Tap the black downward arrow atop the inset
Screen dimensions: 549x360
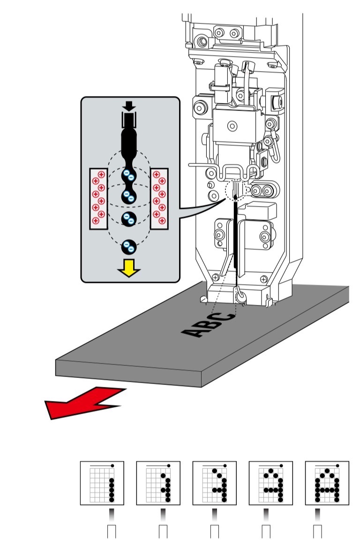pos(129,105)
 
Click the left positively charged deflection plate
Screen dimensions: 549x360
pos(99,199)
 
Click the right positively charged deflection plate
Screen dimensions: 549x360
pos(160,199)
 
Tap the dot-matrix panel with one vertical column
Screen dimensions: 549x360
pos(102,483)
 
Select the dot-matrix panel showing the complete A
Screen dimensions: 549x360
pos(327,483)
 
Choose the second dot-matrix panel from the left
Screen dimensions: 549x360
pos(158,483)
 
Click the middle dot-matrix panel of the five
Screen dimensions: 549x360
pos(215,483)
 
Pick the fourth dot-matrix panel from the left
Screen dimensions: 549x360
pos(270,483)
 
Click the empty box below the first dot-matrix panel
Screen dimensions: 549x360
pos(112,533)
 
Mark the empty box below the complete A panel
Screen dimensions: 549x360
pos(318,533)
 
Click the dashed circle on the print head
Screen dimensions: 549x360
pos(236,190)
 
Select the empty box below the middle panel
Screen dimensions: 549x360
pos(215,533)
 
